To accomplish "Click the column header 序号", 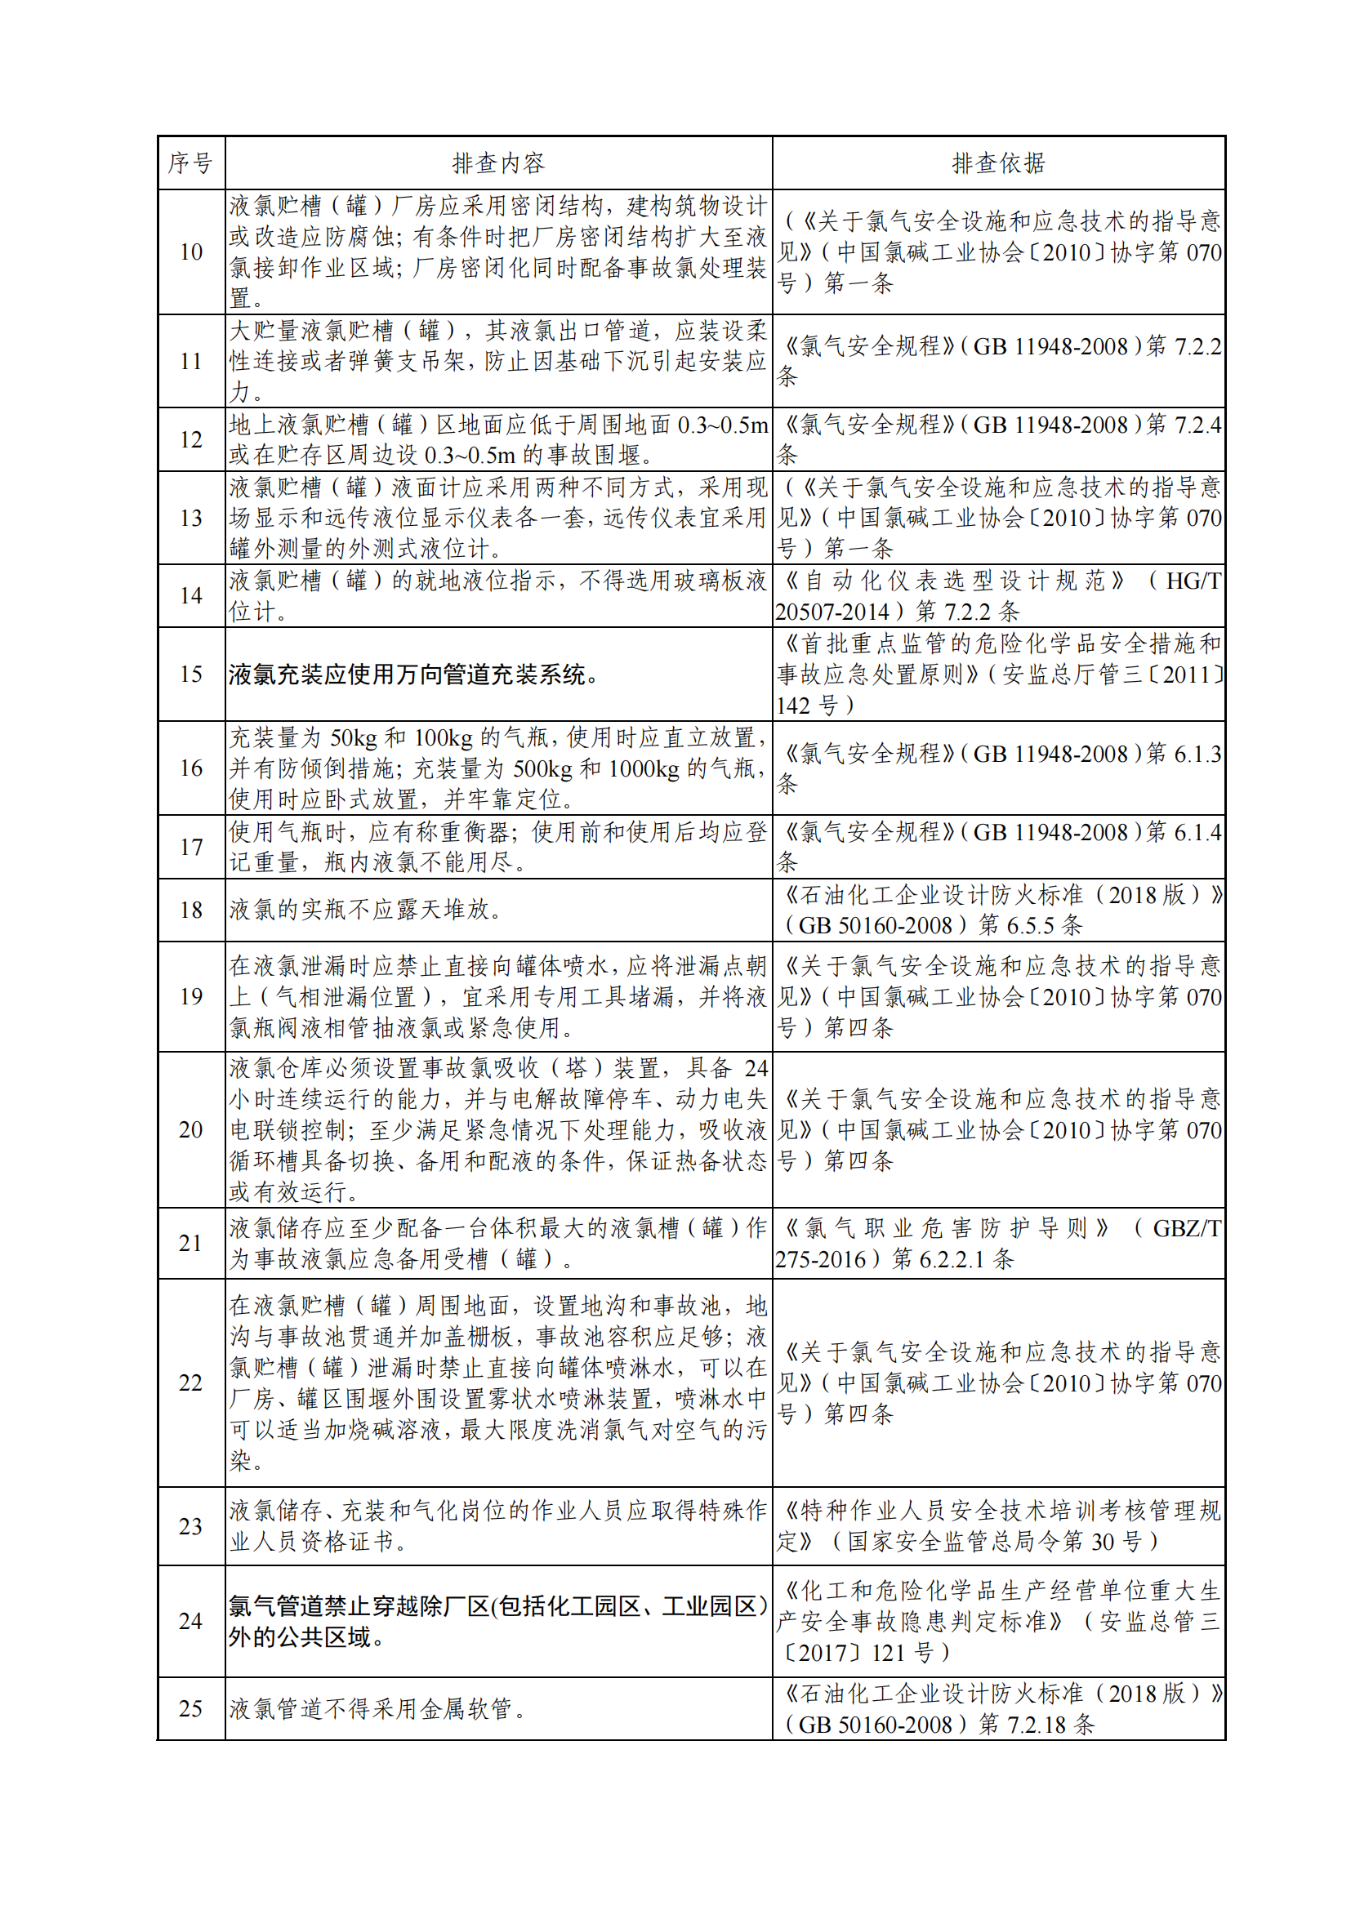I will [x=190, y=163].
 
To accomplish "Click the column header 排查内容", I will [x=498, y=163].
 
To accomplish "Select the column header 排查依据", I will [x=998, y=163].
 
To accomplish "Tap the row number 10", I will [x=190, y=252].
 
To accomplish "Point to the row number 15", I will [x=190, y=674].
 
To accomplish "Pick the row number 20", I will [x=190, y=1129].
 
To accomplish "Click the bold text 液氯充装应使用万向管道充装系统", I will [x=413, y=675].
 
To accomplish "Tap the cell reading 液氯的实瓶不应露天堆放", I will [x=366, y=910].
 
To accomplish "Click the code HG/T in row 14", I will [x=1193, y=581].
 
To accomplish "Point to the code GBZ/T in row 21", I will [x=1186, y=1228].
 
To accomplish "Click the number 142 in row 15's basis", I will [x=793, y=706].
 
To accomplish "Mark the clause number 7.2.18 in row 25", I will [x=1036, y=1725].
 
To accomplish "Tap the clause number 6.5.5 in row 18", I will [x=1030, y=925].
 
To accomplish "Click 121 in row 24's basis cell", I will [x=888, y=1653].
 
